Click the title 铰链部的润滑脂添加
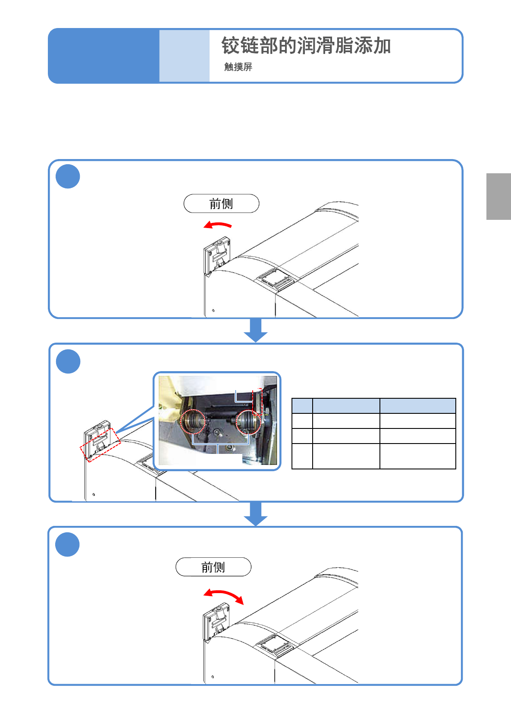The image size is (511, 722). click(x=306, y=45)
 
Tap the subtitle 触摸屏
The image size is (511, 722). click(x=238, y=67)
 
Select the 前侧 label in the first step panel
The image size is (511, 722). click(x=221, y=204)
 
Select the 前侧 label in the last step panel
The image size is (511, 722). click(x=213, y=567)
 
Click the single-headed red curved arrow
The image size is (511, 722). click(x=217, y=224)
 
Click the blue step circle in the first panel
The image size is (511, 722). click(x=68, y=176)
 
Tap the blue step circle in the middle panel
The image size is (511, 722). click(x=68, y=361)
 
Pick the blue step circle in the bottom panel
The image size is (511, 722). click(x=67, y=544)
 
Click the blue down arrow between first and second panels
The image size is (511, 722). click(x=256, y=330)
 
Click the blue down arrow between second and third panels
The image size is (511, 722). click(x=256, y=514)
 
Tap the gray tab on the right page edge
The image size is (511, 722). click(x=498, y=196)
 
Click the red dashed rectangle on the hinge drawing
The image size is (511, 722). click(x=100, y=445)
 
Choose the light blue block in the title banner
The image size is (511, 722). click(x=185, y=56)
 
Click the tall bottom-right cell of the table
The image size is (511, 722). click(x=418, y=456)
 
